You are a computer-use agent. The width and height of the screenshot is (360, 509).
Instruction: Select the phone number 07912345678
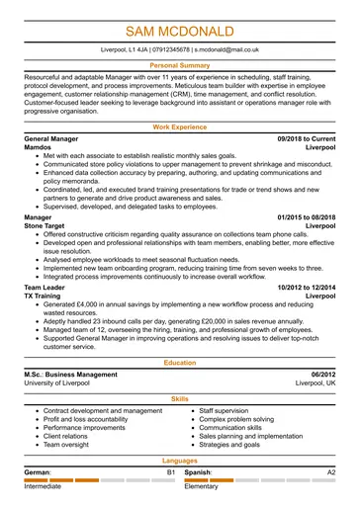coord(166,47)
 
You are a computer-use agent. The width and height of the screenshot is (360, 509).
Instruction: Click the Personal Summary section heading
coord(179,64)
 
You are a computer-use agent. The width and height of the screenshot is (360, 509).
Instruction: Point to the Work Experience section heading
coord(179,127)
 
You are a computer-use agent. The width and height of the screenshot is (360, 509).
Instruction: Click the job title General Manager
coord(56,141)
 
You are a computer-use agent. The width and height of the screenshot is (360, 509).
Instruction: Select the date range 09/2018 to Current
coord(306,141)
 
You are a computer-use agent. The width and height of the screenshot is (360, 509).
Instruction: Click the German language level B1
coord(170,473)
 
